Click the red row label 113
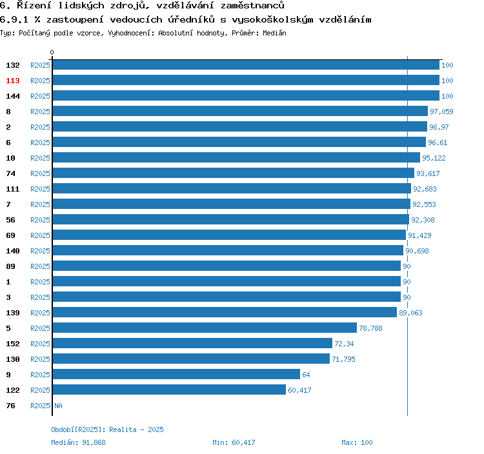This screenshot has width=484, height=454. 13,81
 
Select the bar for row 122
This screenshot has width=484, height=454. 169,390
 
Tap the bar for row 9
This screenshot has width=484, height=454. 176,374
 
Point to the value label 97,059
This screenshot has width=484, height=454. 441,112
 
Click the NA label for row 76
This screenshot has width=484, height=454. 58,406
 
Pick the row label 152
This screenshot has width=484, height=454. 13,344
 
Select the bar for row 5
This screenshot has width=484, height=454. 205,328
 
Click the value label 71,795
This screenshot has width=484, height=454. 344,359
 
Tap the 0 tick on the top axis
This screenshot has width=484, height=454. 52,52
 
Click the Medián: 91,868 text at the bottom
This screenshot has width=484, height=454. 78,442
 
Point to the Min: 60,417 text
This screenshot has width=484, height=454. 234,442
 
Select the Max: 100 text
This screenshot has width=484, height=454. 357,442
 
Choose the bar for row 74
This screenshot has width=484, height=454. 233,173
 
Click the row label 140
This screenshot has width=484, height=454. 13,251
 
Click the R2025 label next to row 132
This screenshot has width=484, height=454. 40,65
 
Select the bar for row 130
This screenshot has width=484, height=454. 191,359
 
